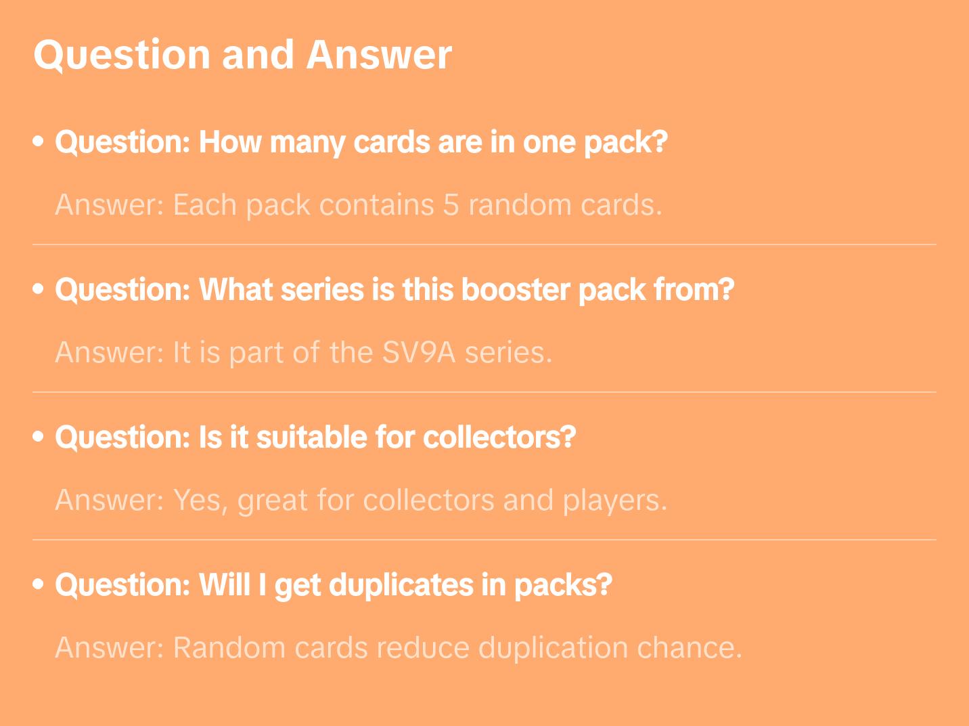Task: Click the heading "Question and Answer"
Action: (242, 56)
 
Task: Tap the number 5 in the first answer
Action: (450, 205)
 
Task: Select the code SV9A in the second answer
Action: (418, 352)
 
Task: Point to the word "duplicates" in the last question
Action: (401, 585)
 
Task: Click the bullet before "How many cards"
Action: (39, 142)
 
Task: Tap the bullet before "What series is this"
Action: (39, 289)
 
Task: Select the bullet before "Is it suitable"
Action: (39, 436)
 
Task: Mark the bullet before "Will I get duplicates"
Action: (39, 584)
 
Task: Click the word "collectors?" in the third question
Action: (499, 437)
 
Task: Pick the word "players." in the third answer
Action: (614, 500)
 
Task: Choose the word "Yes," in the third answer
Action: (200, 500)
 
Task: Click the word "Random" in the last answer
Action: (229, 648)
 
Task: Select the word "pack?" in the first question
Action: (625, 143)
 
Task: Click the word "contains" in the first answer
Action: (376, 205)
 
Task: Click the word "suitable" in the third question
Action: (311, 437)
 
